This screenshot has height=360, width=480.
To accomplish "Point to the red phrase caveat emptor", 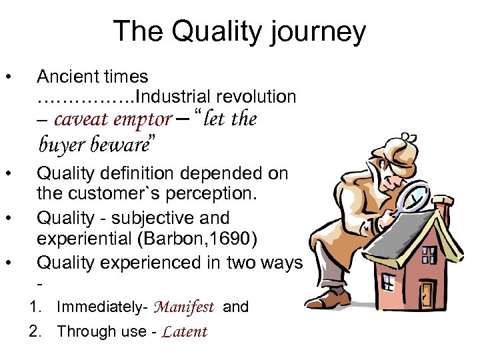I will click(x=113, y=119).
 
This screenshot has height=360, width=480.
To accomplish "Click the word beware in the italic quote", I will click(x=120, y=143).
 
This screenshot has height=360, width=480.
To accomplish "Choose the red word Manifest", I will click(x=183, y=307).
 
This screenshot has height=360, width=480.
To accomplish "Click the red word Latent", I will click(x=185, y=331).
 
